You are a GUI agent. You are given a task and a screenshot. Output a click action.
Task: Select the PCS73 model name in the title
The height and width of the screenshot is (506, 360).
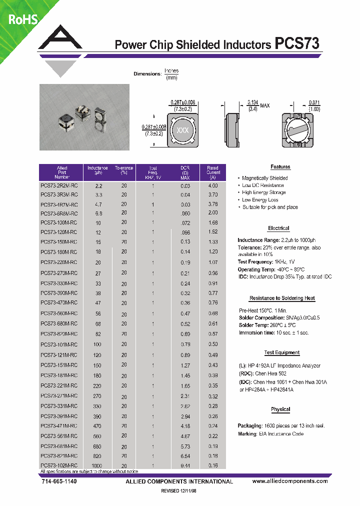(297, 44)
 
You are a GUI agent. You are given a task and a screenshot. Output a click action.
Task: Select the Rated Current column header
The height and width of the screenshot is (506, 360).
(213, 172)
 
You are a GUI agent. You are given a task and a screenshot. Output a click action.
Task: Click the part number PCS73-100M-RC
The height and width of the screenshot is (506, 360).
(59, 222)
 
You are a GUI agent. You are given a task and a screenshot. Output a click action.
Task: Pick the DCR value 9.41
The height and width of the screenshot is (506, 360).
(185, 465)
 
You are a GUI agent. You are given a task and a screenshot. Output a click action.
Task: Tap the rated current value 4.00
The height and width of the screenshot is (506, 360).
(213, 185)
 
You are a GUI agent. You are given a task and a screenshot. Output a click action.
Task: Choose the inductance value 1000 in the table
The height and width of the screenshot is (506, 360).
(97, 465)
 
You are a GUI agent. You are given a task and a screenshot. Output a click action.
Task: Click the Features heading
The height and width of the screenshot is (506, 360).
(280, 167)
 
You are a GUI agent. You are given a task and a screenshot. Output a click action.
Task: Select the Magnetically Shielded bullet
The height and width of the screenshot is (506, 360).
(264, 178)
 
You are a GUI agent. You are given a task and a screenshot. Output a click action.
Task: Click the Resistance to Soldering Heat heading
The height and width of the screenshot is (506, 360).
(282, 298)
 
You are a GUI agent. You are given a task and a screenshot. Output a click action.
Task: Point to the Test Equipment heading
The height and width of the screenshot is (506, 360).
(281, 352)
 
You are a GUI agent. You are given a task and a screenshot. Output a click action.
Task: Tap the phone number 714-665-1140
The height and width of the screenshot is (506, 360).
(58, 481)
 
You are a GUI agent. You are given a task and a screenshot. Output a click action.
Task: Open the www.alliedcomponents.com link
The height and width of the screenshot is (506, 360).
(290, 481)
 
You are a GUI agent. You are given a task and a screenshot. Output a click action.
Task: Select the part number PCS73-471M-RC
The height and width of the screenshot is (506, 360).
(59, 426)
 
